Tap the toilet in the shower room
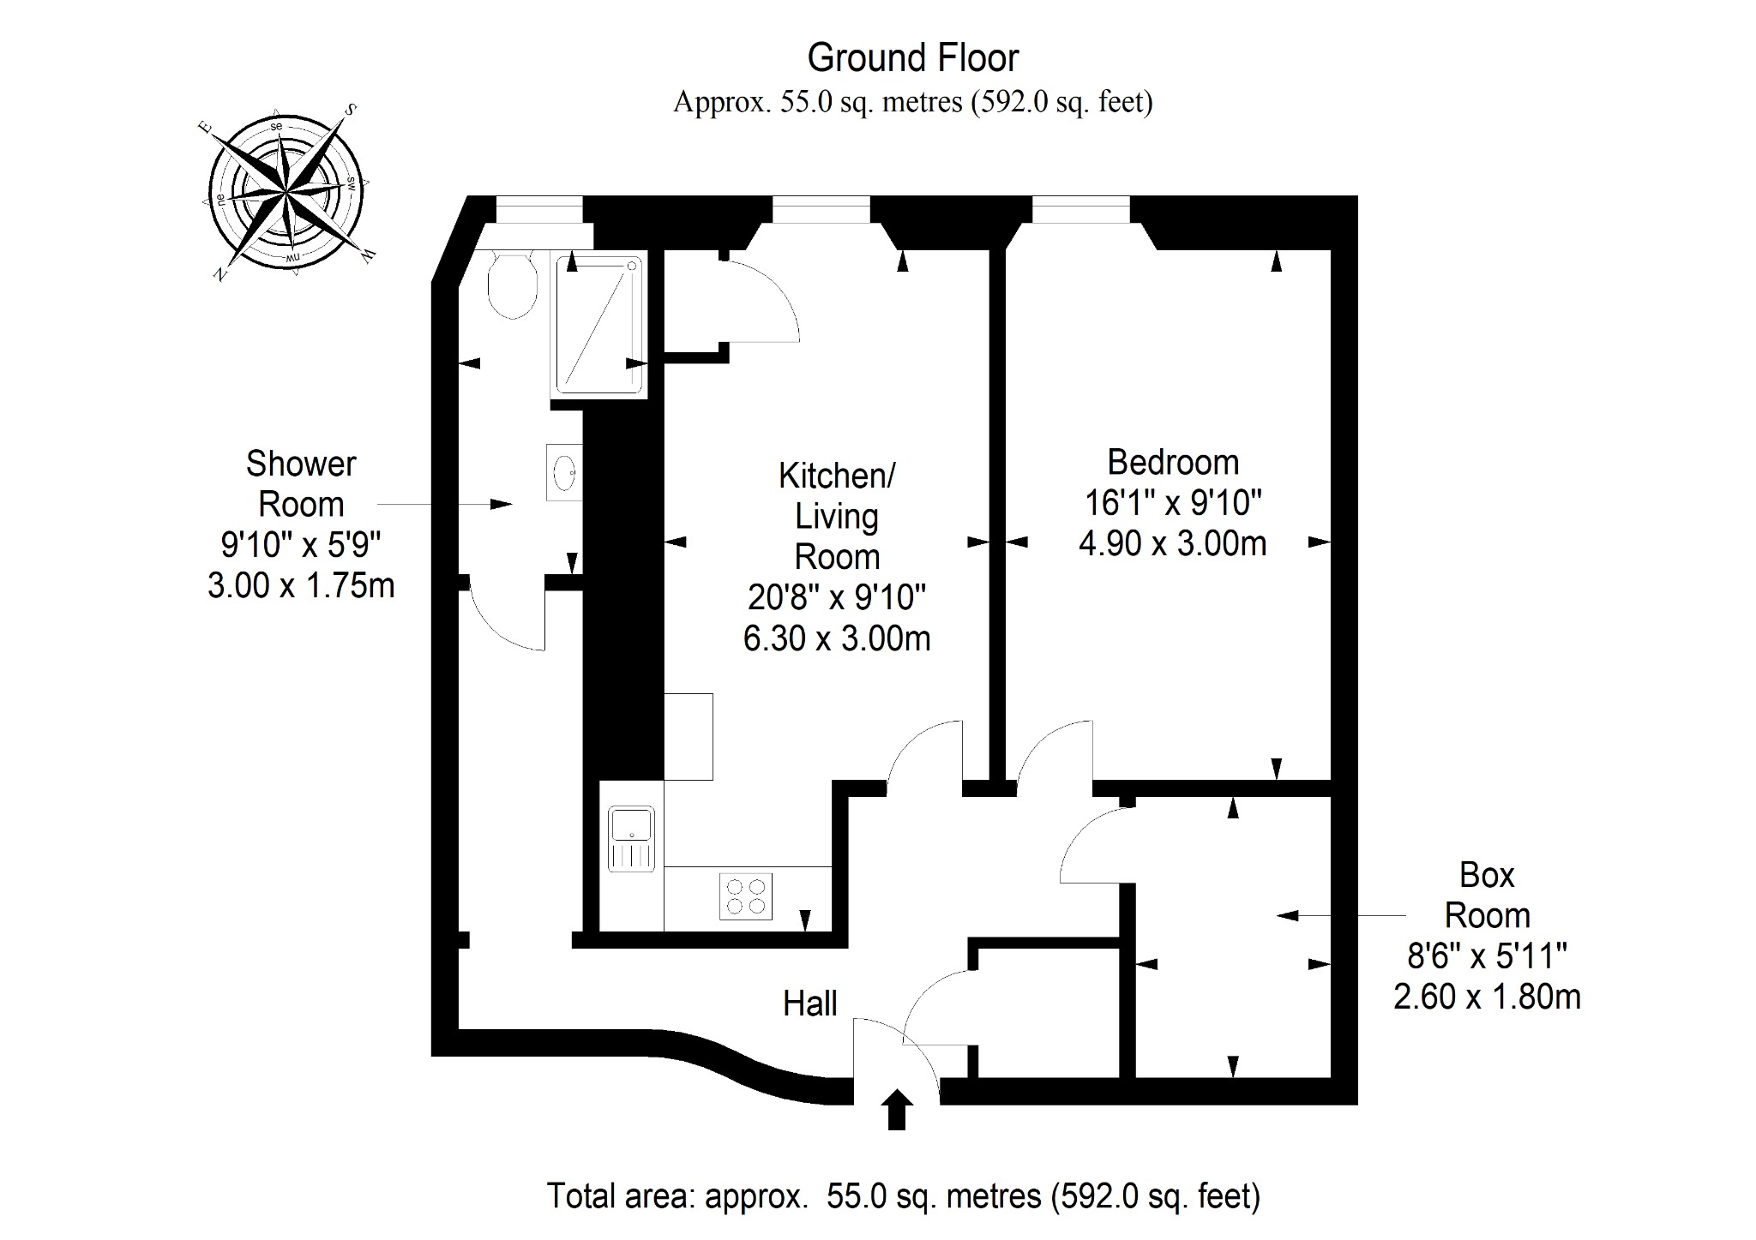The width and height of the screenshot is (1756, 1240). [x=512, y=284]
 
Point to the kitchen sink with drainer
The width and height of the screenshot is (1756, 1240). [x=632, y=839]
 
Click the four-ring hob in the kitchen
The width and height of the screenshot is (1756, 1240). [x=746, y=896]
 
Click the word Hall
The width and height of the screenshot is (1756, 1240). [x=810, y=1003]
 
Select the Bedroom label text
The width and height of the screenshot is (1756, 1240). [x=1173, y=463]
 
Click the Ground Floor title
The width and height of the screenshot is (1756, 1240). [x=913, y=57]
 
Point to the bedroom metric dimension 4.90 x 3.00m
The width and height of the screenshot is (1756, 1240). [x=1173, y=543]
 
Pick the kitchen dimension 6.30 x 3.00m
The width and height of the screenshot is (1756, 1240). [x=837, y=638]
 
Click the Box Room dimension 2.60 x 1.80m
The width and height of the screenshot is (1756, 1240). [x=1488, y=997]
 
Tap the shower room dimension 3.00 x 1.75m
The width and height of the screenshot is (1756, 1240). [x=301, y=585]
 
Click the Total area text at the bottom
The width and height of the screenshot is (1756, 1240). [x=904, y=1195]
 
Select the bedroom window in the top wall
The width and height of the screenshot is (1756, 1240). [x=1081, y=209]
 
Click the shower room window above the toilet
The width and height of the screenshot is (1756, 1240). [x=539, y=209]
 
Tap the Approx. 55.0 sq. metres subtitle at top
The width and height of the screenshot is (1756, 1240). [x=913, y=102]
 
